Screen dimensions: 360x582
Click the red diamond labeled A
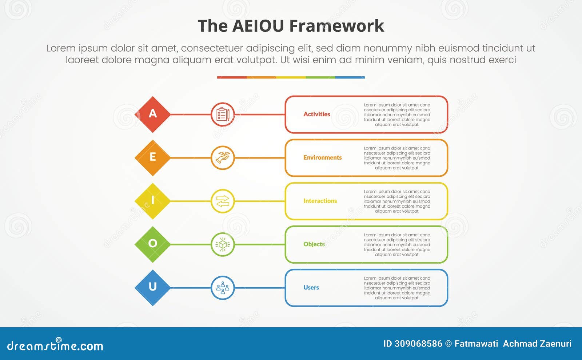(x=152, y=114)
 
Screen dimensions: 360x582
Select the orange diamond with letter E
(x=152, y=157)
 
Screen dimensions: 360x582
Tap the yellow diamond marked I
(x=152, y=201)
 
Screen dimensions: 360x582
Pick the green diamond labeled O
(x=152, y=244)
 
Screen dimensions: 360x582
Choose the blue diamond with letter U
(x=152, y=287)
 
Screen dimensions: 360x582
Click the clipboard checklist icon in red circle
(x=223, y=114)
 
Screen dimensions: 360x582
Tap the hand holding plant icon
(x=223, y=157)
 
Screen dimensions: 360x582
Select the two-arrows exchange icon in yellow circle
(x=223, y=201)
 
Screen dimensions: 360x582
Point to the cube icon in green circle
(x=223, y=244)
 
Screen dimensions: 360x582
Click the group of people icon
(x=223, y=288)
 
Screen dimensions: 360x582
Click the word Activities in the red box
(x=316, y=114)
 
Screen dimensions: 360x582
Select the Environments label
(x=322, y=157)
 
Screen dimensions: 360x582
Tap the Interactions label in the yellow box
(x=320, y=201)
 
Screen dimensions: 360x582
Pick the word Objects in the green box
(x=314, y=244)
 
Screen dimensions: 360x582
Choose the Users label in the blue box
(x=311, y=287)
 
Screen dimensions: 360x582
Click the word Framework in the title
(x=336, y=26)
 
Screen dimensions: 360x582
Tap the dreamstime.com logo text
(x=55, y=345)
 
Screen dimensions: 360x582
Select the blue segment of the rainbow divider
(x=350, y=77)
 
